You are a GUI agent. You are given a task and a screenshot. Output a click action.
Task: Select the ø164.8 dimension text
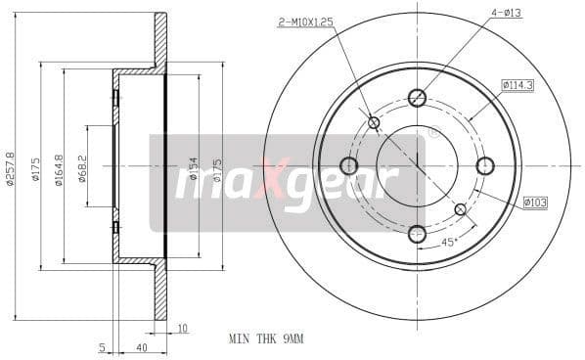60,168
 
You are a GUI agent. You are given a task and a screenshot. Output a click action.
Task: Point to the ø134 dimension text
194,168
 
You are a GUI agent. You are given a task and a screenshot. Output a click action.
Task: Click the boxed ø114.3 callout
517,85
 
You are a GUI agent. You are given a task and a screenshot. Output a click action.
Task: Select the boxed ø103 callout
534,202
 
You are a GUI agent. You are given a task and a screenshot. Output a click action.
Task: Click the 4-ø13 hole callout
506,13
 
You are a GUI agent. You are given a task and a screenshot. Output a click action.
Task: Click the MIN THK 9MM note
266,338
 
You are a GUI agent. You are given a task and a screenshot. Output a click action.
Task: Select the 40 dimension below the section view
141,347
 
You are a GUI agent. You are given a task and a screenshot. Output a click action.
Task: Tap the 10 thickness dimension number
183,328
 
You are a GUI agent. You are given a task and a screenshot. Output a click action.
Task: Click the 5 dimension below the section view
102,347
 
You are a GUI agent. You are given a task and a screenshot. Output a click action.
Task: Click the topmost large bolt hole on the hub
417,97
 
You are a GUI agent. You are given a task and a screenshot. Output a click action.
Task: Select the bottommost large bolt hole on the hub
417,234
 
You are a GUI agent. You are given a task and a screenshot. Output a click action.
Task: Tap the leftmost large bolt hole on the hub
348,165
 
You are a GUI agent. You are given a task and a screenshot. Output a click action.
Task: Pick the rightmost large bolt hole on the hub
485,165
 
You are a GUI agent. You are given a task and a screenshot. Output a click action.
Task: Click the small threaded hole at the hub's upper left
374,122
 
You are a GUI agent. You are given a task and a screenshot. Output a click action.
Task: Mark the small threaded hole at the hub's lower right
461,208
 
